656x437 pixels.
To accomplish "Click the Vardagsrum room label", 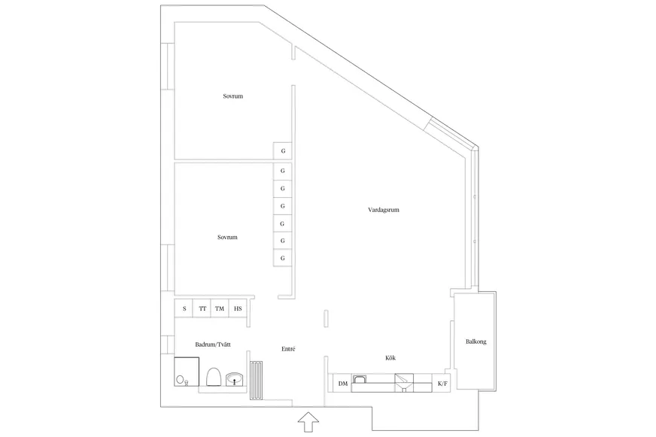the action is pos(384,210).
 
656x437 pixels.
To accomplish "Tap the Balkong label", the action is pos(475,341).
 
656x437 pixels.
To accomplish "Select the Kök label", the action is pos(390,358).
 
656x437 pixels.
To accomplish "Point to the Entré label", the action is pos(288,349).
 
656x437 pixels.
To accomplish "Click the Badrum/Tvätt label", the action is pos(213,344).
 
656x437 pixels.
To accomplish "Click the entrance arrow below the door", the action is pos(308,422).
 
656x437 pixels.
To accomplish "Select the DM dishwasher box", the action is pos(342,384).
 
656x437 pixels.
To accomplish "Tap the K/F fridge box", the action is pos(442,384).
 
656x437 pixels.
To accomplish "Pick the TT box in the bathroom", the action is pos(202,308).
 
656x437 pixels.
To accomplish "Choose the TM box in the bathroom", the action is pos(220,308).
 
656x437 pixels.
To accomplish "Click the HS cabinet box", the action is pos(238,308).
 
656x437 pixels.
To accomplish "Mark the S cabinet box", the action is pos(184,308).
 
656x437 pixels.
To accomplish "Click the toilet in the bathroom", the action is pos(214,377).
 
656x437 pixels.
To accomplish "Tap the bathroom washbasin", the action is pos(235,379).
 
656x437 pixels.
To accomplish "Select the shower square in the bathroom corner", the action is pos(187,372).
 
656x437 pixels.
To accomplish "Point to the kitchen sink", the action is pos(404,383).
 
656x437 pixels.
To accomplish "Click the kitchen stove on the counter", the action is pos(360,379).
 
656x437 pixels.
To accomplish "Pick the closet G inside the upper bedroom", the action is pos(283,151).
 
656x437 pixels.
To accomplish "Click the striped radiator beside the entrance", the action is pos(257,381).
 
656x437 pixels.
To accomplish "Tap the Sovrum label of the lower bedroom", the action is pos(227,237).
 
